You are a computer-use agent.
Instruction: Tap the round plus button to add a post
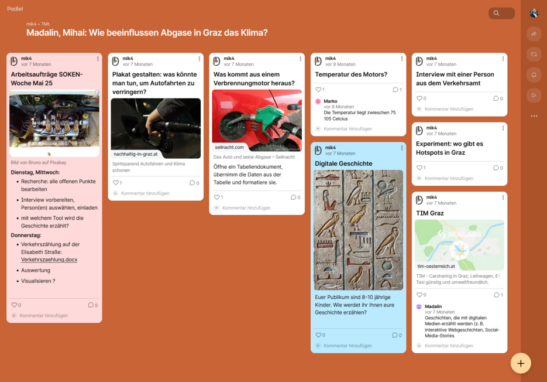(520, 363)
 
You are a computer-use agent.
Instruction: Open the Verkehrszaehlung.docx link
(49, 259)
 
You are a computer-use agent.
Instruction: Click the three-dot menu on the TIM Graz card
(503, 197)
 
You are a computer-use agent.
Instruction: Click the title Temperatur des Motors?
(351, 74)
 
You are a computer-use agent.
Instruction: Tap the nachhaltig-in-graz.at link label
(136, 154)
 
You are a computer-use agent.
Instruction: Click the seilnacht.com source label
(229, 147)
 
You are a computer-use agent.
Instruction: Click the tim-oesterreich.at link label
(436, 266)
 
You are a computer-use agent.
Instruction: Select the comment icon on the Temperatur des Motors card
(396, 90)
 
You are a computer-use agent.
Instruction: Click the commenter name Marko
(331, 101)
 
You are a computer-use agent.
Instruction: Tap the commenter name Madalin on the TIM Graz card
(434, 306)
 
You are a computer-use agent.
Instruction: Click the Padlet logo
(15, 10)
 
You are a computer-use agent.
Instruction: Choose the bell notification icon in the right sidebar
(534, 75)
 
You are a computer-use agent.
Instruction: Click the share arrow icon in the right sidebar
(534, 34)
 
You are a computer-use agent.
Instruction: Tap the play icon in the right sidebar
(534, 95)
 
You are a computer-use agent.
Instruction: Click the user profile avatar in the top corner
(534, 13)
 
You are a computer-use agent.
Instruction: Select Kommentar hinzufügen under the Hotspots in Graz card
(449, 178)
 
